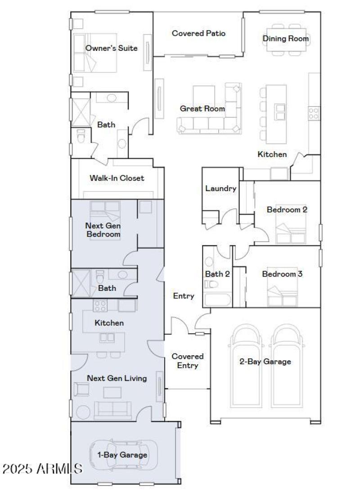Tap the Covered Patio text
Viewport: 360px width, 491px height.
click(x=198, y=33)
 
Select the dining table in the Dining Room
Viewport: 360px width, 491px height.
click(x=286, y=39)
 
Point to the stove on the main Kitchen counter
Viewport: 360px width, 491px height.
click(x=313, y=113)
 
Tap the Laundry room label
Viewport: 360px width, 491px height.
click(x=220, y=188)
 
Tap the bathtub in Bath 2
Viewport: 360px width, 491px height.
click(x=216, y=299)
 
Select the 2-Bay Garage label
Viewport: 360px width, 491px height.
click(x=265, y=361)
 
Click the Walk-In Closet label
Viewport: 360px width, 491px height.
click(x=117, y=178)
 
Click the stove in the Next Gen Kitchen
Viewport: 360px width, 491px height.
click(x=100, y=306)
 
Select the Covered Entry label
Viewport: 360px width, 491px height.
click(x=188, y=361)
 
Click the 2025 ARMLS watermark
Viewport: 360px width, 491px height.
click(x=42, y=469)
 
